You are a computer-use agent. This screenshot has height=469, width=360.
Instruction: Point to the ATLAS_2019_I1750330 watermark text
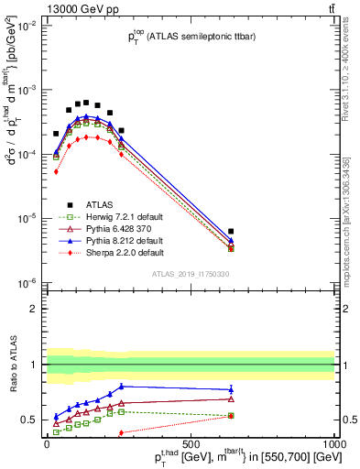click(x=191, y=274)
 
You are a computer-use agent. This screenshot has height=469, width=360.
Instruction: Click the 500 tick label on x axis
click(x=191, y=444)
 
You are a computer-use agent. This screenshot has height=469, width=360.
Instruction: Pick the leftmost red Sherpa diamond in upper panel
click(x=56, y=171)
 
